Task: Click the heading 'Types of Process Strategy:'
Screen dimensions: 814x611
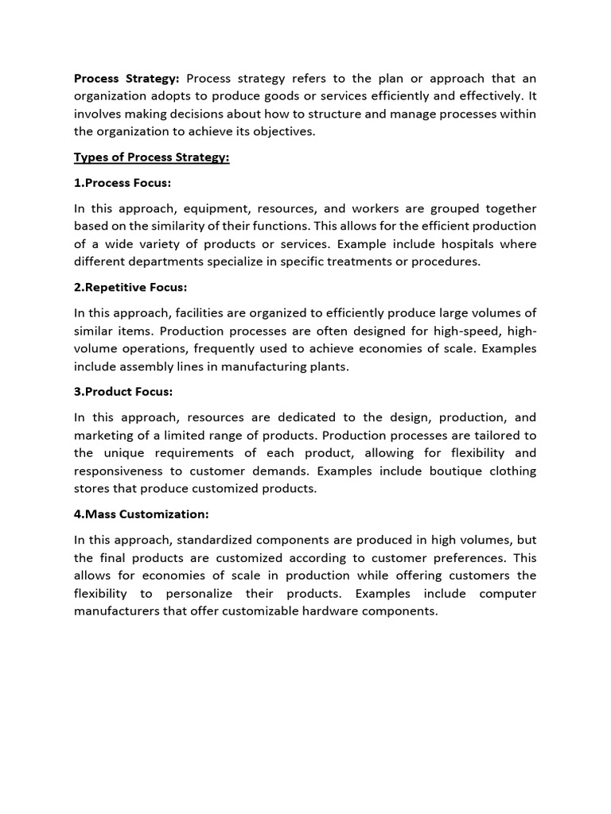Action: click(x=151, y=157)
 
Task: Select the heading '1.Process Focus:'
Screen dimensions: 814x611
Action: click(x=123, y=183)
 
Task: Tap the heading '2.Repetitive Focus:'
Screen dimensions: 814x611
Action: click(x=130, y=287)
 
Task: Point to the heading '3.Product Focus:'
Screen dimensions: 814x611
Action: click(x=123, y=391)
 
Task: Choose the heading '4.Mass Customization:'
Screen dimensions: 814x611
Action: click(x=142, y=514)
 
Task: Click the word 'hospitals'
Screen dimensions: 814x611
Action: click(x=442, y=244)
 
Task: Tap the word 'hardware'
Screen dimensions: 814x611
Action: click(x=348, y=611)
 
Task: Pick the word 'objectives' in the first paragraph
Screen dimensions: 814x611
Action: click(x=284, y=131)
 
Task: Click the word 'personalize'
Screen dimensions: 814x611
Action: click(x=199, y=594)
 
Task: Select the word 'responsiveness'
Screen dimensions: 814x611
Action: click(x=117, y=471)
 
